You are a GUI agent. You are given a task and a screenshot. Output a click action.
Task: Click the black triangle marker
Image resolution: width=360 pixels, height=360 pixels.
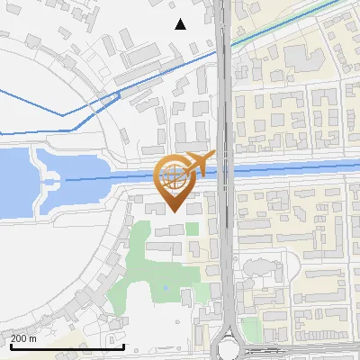click(x=181, y=24)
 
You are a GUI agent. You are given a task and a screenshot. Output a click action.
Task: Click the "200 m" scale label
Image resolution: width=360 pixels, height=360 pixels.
click(x=23, y=338)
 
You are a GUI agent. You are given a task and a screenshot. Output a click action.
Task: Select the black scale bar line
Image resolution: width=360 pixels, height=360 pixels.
click(x=67, y=346)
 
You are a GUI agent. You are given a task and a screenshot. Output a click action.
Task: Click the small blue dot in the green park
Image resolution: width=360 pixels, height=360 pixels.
click(x=166, y=288)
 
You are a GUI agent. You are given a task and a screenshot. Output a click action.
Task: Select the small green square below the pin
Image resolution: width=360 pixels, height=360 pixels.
click(x=192, y=229)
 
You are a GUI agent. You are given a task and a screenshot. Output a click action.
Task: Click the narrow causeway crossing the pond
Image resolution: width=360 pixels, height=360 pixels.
click(x=45, y=181)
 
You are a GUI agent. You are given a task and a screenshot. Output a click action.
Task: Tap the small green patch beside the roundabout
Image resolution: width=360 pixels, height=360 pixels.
click(x=251, y=330)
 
